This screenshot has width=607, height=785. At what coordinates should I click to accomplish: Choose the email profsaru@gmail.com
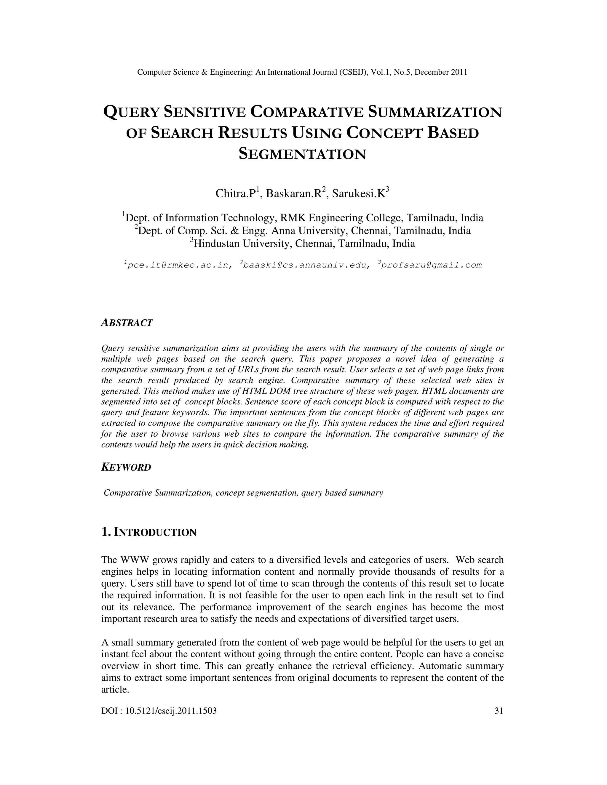click(x=431, y=265)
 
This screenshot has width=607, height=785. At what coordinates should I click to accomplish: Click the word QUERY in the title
click(x=131, y=113)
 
